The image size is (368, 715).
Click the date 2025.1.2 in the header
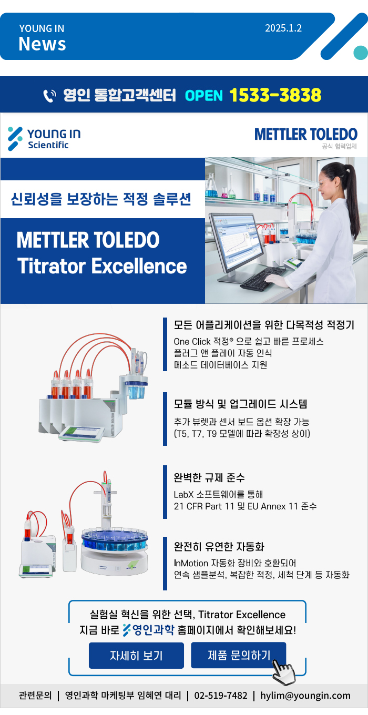click(283, 28)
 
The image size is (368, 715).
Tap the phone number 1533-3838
click(275, 95)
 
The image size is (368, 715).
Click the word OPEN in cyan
click(203, 96)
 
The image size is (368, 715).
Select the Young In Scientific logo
click(44, 139)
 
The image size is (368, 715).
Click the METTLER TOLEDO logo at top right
click(306, 135)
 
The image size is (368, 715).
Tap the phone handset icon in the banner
click(49, 96)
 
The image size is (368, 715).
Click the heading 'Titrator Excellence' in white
click(102, 266)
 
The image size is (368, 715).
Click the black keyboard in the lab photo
click(262, 279)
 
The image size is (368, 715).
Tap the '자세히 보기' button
click(136, 655)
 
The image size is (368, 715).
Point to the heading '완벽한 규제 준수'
click(209, 477)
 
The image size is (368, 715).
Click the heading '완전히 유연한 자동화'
click(219, 546)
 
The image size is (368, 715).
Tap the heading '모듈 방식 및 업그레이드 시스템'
click(240, 404)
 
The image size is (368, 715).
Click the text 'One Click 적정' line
click(249, 342)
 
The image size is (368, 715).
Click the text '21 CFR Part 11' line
click(245, 506)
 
